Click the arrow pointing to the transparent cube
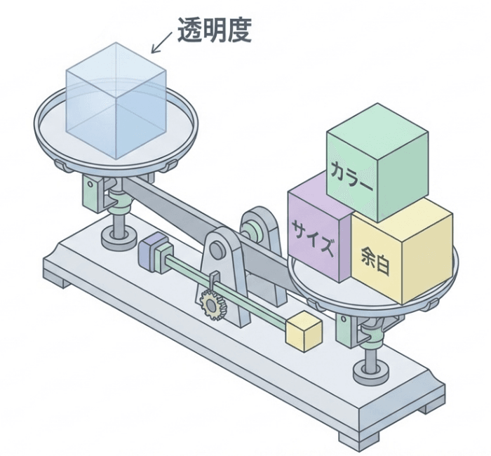coord(163,42)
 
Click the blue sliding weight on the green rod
coord(155,250)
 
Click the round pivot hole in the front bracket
coord(217,248)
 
